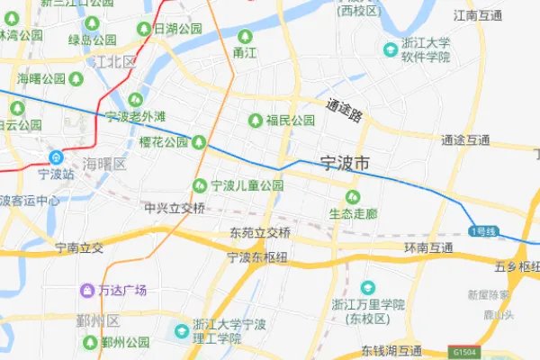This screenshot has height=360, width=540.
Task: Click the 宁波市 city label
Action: [x=345, y=165]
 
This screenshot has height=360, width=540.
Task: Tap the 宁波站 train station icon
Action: [x=56, y=155]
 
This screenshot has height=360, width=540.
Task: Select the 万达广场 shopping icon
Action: [x=87, y=290]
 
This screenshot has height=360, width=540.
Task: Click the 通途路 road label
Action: [x=345, y=111]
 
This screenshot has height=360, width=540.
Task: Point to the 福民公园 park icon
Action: [x=256, y=120]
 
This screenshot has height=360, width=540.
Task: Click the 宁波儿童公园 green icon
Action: [x=199, y=185]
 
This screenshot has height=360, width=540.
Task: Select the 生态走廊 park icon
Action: [x=351, y=196]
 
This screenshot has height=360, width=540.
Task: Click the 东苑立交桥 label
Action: [x=260, y=232]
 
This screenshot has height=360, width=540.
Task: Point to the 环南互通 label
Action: [x=427, y=247]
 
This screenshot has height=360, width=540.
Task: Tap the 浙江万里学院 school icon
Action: [x=367, y=287]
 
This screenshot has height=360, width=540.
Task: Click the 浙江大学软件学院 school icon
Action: [x=391, y=49]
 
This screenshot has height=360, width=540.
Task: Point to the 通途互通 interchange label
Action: [x=465, y=140]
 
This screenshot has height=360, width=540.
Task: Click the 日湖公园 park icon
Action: [x=143, y=30]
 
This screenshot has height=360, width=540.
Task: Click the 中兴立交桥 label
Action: [x=175, y=209]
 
